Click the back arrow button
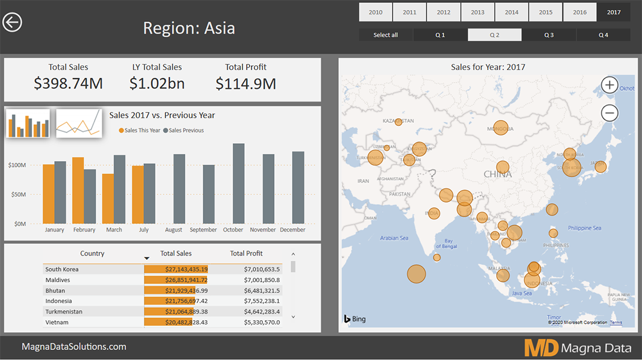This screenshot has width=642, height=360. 12,23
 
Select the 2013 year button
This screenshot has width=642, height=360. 477,12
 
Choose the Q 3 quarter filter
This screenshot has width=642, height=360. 549,35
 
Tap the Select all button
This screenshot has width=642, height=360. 385,35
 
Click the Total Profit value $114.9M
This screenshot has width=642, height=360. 246,84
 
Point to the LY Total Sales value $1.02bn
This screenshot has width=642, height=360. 157,84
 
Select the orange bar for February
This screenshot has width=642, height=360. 78,190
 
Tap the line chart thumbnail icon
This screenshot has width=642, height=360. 78,123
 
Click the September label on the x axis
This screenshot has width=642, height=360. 203,230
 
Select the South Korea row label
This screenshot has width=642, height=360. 62,269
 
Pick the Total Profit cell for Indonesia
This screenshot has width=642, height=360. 262,301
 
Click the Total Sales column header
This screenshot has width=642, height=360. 176,254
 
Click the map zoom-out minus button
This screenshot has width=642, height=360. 609,113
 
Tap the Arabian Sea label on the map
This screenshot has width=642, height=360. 394,238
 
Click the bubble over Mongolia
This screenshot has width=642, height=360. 501,128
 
